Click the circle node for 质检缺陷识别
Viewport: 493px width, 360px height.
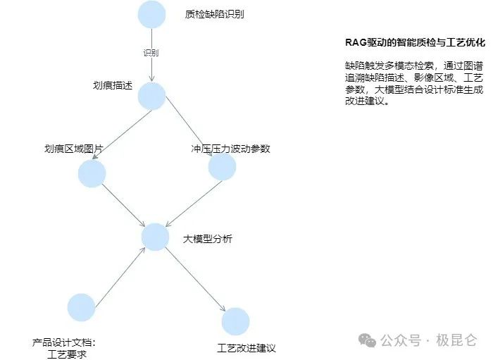(152, 15)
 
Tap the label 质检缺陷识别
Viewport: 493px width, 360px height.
(215, 14)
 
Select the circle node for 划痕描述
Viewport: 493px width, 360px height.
(152, 96)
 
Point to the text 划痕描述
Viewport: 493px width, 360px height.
(113, 86)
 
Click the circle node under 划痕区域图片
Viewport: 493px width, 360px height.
(92, 173)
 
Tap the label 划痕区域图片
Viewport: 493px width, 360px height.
(73, 149)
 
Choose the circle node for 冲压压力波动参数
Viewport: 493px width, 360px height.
(222, 167)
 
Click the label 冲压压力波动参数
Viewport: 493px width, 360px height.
(230, 149)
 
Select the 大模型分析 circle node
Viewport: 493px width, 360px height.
(155, 237)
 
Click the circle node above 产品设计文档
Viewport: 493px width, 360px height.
(81, 307)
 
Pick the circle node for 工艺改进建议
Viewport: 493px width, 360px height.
(235, 321)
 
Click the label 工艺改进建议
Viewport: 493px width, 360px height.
(246, 348)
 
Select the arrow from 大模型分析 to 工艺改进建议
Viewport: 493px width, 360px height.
(194, 278)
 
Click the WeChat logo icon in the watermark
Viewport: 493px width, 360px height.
(368, 340)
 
